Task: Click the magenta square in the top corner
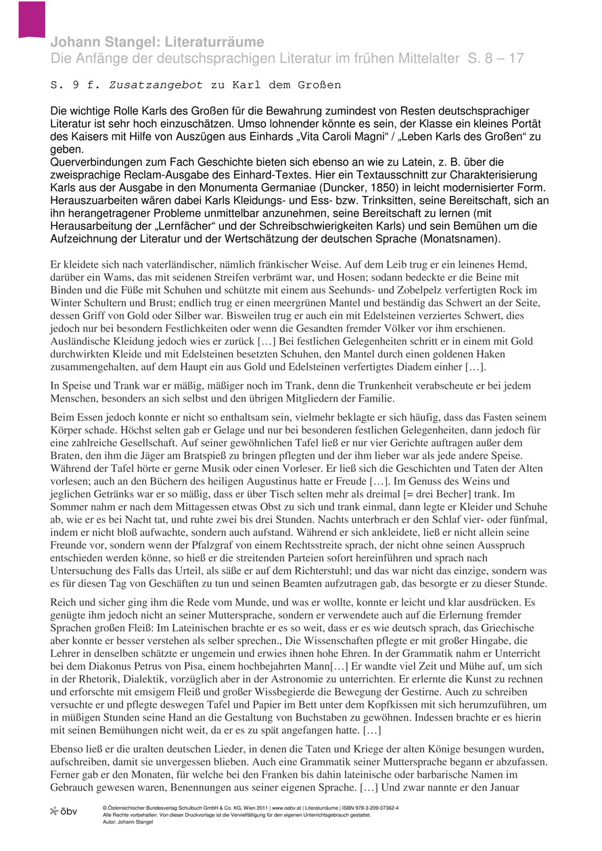coord(32,18)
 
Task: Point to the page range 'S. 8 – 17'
coord(495,59)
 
